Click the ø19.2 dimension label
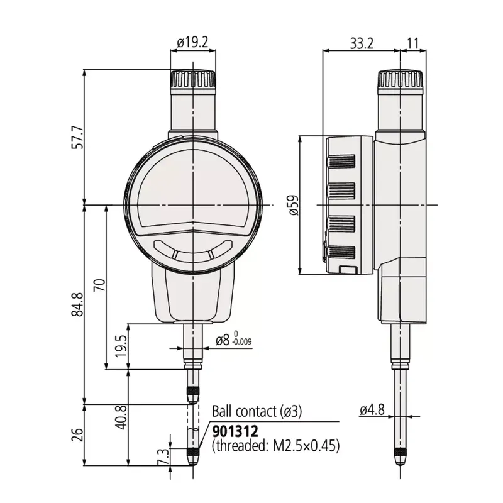click(192, 42)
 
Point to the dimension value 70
click(99, 285)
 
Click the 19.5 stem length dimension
click(121, 346)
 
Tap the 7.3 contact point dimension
click(163, 457)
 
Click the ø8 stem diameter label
click(223, 340)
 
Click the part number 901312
click(235, 431)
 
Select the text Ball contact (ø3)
click(257, 412)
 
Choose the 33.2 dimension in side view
click(362, 43)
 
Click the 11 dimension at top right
click(413, 43)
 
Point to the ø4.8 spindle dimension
click(372, 410)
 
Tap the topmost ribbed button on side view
click(341, 162)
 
